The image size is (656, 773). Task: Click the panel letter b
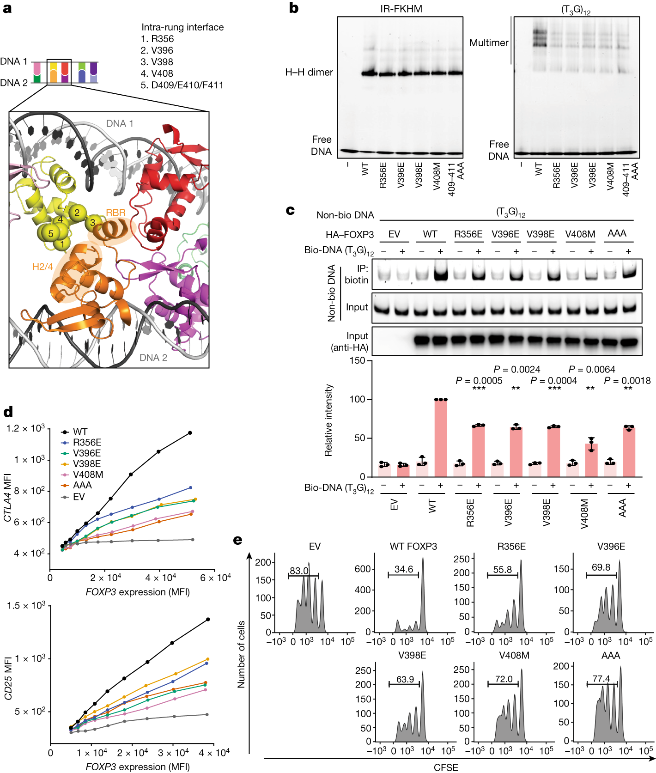[293, 8]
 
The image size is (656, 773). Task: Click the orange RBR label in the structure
[115, 213]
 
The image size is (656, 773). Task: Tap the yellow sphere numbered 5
[51, 233]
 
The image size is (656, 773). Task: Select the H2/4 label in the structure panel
[43, 267]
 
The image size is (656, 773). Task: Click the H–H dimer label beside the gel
[309, 73]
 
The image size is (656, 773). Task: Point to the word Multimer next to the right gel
[488, 43]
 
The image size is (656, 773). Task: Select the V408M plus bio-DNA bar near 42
[591, 460]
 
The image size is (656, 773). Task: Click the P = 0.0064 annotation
[592, 369]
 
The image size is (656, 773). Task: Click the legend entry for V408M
[88, 475]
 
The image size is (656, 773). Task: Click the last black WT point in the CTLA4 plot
[190, 433]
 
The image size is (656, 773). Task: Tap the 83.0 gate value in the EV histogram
[299, 571]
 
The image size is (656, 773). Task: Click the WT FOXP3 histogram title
[413, 547]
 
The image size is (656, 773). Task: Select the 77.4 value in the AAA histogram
[601, 679]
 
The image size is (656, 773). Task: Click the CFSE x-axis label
[445, 767]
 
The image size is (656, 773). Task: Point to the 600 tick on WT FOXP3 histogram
[363, 569]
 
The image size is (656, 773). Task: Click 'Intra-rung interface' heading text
[182, 27]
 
